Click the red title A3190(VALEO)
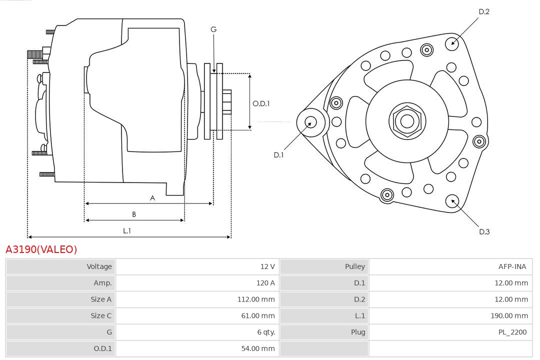click(41, 249)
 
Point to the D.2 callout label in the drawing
click(484, 11)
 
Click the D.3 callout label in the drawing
click(484, 231)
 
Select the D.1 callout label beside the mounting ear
click(278, 155)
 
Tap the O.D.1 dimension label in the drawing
click(261, 103)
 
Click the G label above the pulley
click(213, 29)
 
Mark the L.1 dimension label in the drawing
click(127, 231)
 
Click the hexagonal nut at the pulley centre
click(407, 121)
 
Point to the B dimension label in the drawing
click(134, 214)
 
